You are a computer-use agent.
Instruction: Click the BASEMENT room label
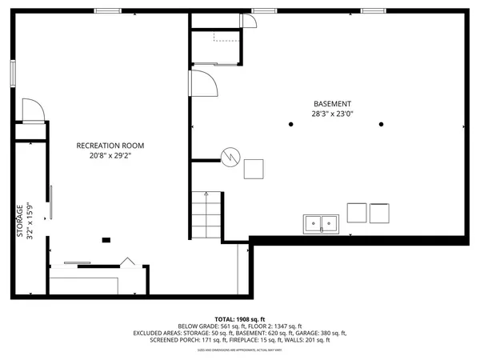pos(332,104)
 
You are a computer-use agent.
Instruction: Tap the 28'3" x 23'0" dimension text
pos(332,114)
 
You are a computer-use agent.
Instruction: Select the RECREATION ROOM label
pos(110,146)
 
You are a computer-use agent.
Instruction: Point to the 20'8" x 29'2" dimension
pos(110,156)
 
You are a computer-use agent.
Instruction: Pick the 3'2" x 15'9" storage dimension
pos(30,221)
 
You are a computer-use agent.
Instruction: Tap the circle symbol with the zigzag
pos(230,156)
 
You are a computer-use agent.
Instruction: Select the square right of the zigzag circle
pos(254,169)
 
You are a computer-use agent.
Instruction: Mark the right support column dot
pos(382,124)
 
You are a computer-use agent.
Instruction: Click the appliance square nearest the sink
pos(356,213)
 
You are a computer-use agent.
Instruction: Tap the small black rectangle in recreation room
pos(106,239)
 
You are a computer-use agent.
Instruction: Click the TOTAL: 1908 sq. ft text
pos(240,319)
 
